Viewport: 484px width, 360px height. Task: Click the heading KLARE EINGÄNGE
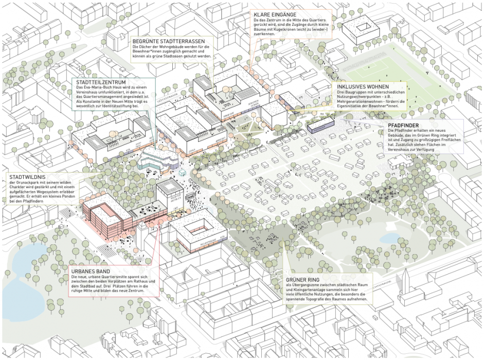click(x=275, y=14)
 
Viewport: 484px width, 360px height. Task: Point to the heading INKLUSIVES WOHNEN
click(x=360, y=87)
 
